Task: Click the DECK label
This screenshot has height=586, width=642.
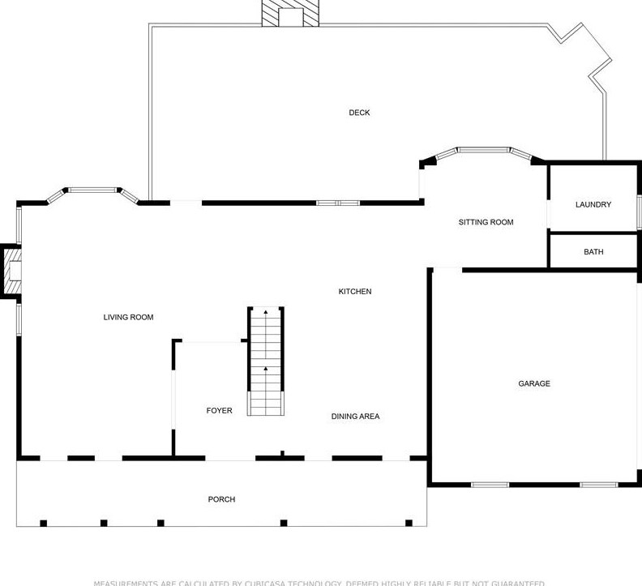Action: point(359,113)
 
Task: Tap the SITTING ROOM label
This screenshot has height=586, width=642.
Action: point(486,222)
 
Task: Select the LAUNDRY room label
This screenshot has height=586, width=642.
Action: point(593,204)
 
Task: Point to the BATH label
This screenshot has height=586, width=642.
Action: point(593,252)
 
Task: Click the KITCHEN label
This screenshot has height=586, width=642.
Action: point(354,291)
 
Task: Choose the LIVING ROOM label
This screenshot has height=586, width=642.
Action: point(128,317)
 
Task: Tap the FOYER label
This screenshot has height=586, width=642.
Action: point(219,411)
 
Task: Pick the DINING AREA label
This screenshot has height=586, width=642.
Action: point(355,416)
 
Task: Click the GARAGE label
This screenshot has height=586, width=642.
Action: point(533,383)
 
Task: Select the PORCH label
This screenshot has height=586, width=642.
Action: point(221,499)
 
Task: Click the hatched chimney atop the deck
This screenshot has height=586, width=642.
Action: point(289,13)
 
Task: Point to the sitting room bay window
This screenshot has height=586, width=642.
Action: point(483,151)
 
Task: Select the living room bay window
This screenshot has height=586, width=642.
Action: point(92,190)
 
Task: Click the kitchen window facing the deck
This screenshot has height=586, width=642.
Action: point(337,203)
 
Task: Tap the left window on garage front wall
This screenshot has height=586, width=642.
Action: point(490,485)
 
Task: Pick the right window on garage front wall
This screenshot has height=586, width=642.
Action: point(598,485)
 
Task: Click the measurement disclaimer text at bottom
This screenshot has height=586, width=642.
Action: point(319,582)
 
